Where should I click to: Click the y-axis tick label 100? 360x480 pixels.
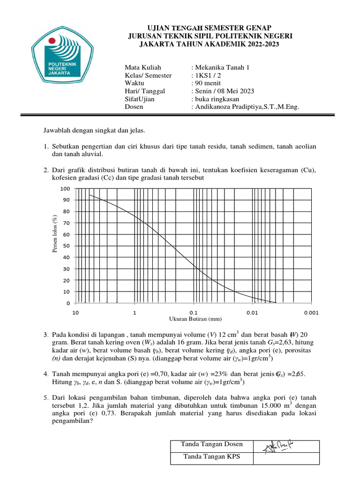pyautogui.click(x=65, y=188)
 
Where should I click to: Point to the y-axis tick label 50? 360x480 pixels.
pyautogui.click(x=66, y=246)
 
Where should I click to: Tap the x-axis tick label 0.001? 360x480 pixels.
pyautogui.click(x=311, y=312)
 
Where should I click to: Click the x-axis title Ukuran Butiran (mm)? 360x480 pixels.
pyautogui.click(x=195, y=319)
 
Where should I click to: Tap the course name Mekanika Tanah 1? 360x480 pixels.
pyautogui.click(x=224, y=67)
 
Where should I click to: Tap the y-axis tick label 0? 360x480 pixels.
pyautogui.click(x=68, y=303)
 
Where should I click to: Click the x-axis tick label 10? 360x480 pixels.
pyautogui.click(x=75, y=312)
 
